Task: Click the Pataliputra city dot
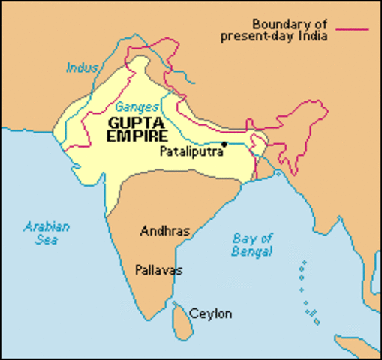(x=224, y=143)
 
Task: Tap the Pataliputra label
(x=191, y=151)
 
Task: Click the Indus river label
(x=82, y=67)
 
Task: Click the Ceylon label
(x=211, y=313)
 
